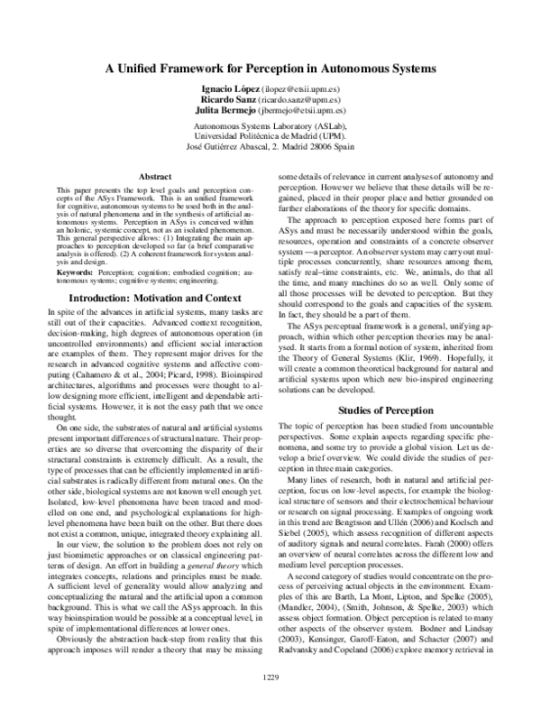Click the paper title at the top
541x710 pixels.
271,69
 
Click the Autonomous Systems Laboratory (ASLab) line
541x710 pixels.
270,127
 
